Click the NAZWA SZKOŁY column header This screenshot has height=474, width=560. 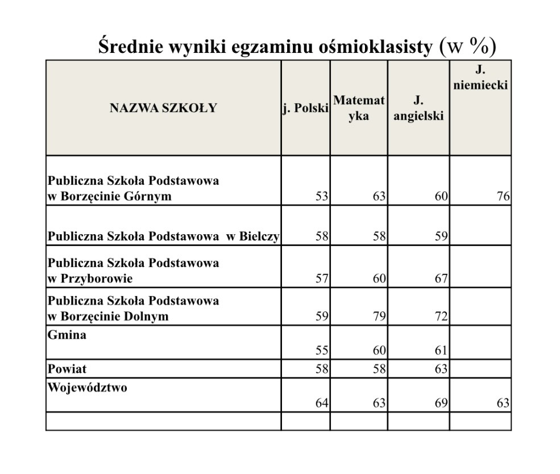pyautogui.click(x=163, y=108)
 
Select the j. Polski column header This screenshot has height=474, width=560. pyautogui.click(x=305, y=108)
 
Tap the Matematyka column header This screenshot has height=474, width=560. pyautogui.click(x=359, y=108)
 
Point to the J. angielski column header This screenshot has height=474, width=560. pyautogui.click(x=418, y=108)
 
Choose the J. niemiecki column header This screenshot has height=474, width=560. pyautogui.click(x=480, y=79)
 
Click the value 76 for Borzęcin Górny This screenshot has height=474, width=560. pyautogui.click(x=503, y=197)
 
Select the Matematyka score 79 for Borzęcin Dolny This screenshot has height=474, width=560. pyautogui.click(x=379, y=316)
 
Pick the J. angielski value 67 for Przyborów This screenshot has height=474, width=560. pyautogui.click(x=441, y=278)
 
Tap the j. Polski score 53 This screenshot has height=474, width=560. pyautogui.click(x=322, y=197)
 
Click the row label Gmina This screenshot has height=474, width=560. pyautogui.click(x=67, y=335)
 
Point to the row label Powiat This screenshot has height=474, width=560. pyautogui.click(x=67, y=369)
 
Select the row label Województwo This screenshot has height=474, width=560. pyautogui.click(x=87, y=388)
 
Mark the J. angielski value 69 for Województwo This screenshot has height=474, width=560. pyautogui.click(x=441, y=404)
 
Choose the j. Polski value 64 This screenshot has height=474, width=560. pyautogui.click(x=322, y=404)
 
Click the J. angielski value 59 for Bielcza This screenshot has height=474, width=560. pyautogui.click(x=441, y=236)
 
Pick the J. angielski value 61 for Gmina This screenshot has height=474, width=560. pyautogui.click(x=441, y=351)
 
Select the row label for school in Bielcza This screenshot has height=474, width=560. pyautogui.click(x=163, y=236)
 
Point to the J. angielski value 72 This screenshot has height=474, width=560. pyautogui.click(x=441, y=316)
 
